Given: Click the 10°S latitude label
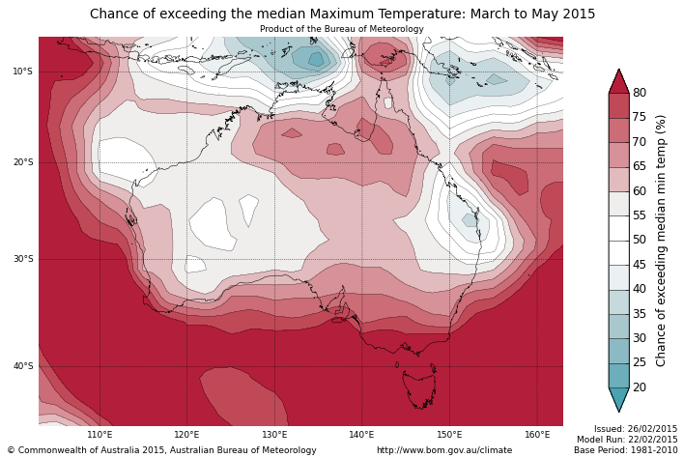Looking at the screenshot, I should [x=22, y=72].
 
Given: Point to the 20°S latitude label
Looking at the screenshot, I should [x=22, y=162].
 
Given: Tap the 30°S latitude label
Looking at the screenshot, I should [x=22, y=259].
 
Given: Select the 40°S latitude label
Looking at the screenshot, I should [x=22, y=366].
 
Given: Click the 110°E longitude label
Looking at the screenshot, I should [x=100, y=435].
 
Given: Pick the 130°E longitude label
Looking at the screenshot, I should [x=274, y=435].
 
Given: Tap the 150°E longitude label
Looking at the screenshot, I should [x=449, y=435].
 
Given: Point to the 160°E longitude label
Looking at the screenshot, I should [x=537, y=435].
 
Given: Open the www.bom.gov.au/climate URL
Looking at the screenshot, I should [x=444, y=450].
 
